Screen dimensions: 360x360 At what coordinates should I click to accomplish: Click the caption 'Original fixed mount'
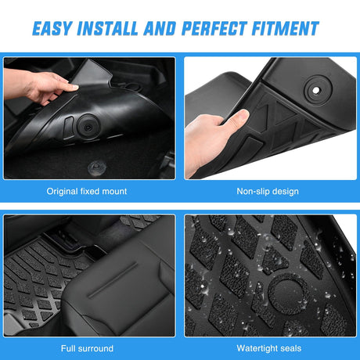point(87,190)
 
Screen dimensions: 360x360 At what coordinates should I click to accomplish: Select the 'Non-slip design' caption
point(268,190)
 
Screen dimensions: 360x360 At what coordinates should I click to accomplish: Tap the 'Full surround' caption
point(87,347)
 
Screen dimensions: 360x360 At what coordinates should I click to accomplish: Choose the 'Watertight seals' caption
point(268,347)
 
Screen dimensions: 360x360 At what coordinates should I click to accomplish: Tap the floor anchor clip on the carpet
point(97,166)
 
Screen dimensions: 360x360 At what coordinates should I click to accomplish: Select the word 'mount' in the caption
point(113,190)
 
